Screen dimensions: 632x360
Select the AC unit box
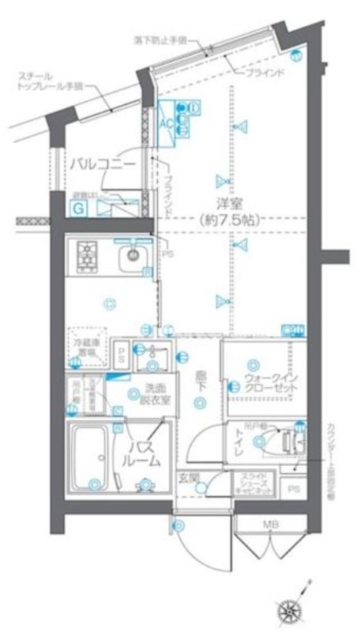(167, 122)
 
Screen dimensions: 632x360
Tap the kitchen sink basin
(133, 256)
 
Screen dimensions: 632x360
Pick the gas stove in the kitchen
(85, 255)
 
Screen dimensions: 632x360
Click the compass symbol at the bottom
(289, 608)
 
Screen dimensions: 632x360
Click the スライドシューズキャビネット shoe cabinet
(254, 483)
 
